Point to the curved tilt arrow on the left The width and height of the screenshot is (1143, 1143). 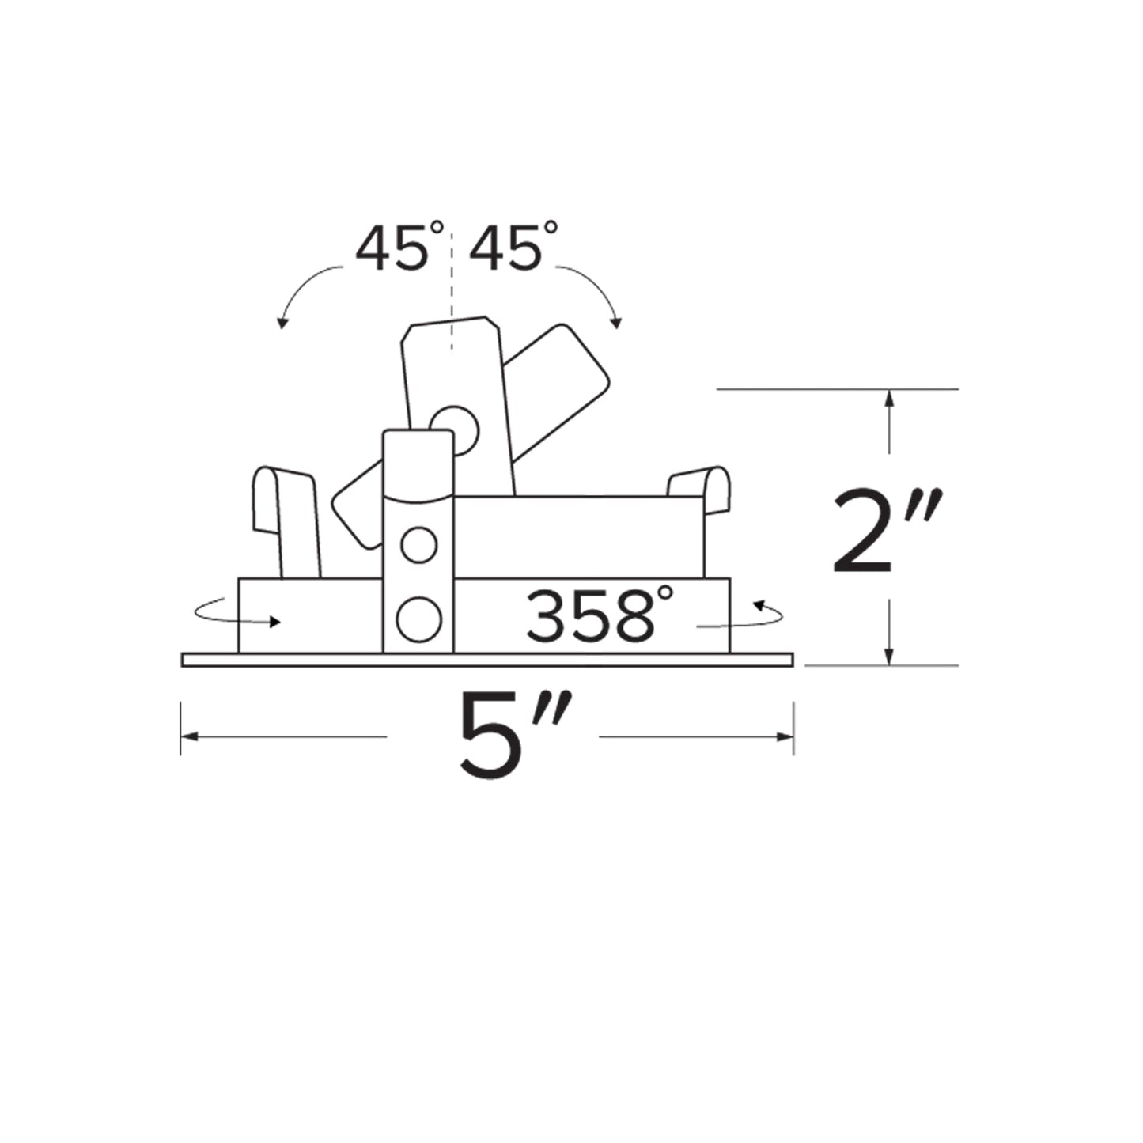(x=305, y=292)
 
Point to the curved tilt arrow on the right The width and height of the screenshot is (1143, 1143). (x=594, y=292)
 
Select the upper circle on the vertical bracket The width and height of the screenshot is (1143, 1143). (x=418, y=545)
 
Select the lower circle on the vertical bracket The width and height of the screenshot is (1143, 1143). (x=418, y=619)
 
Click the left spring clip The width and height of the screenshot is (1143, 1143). (x=286, y=517)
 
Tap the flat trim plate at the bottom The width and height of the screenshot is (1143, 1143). (x=486, y=660)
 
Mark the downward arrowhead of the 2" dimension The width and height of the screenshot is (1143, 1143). (x=889, y=656)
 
